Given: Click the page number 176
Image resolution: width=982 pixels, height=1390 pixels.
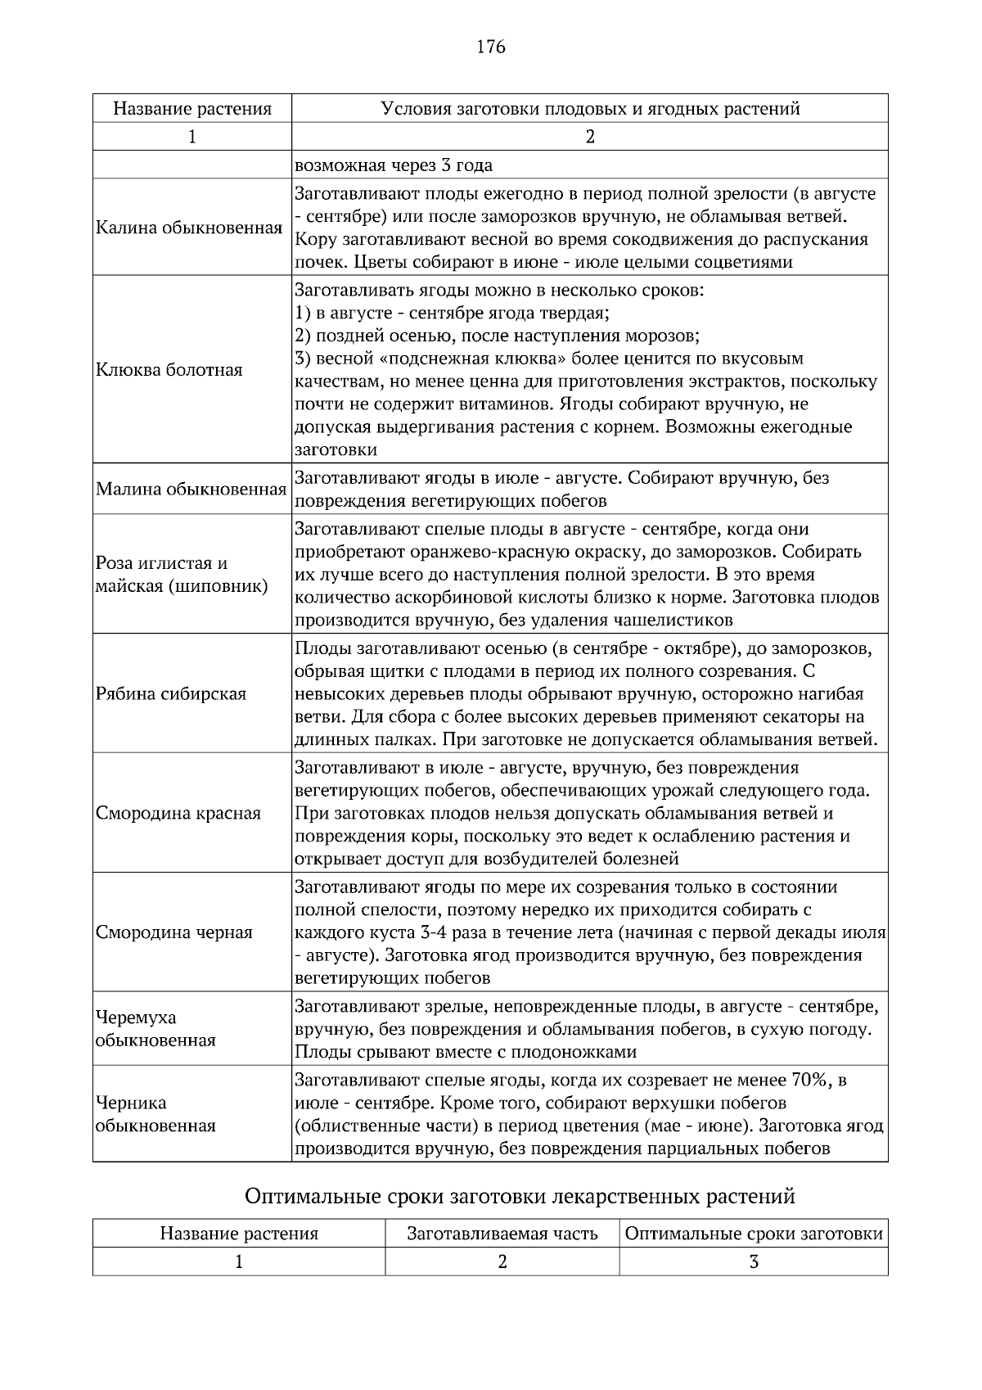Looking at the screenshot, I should (x=491, y=47).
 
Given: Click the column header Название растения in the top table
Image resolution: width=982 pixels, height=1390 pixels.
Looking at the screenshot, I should (x=191, y=109).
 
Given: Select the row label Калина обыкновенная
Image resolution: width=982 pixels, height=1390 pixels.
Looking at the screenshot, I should (x=189, y=228).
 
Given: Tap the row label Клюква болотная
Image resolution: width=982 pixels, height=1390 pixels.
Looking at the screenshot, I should (x=169, y=370).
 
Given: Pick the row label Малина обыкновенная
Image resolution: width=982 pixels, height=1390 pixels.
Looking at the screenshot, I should (x=191, y=490).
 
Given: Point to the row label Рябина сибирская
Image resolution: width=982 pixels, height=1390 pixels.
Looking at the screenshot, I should (x=171, y=694).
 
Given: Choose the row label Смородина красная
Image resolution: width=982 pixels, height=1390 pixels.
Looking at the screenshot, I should (x=178, y=814).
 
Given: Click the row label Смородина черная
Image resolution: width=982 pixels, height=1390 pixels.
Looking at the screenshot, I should (x=174, y=932).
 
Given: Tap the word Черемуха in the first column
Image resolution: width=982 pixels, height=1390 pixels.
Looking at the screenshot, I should (x=136, y=1018).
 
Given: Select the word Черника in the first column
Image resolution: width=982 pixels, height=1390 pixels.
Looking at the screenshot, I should (x=131, y=1103).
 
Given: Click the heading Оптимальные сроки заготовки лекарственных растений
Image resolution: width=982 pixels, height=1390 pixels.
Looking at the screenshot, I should (x=520, y=1197).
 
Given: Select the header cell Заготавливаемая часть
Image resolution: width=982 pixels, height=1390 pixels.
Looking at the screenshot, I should (x=502, y=1234).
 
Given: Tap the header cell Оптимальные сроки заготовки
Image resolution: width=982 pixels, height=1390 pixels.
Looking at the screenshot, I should (x=754, y=1234).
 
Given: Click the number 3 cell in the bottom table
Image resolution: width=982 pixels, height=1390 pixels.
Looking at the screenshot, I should (x=754, y=1262).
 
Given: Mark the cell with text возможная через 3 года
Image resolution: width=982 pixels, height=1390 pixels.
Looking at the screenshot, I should (x=394, y=165).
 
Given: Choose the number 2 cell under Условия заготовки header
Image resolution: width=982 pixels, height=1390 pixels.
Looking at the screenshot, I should (x=590, y=137).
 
